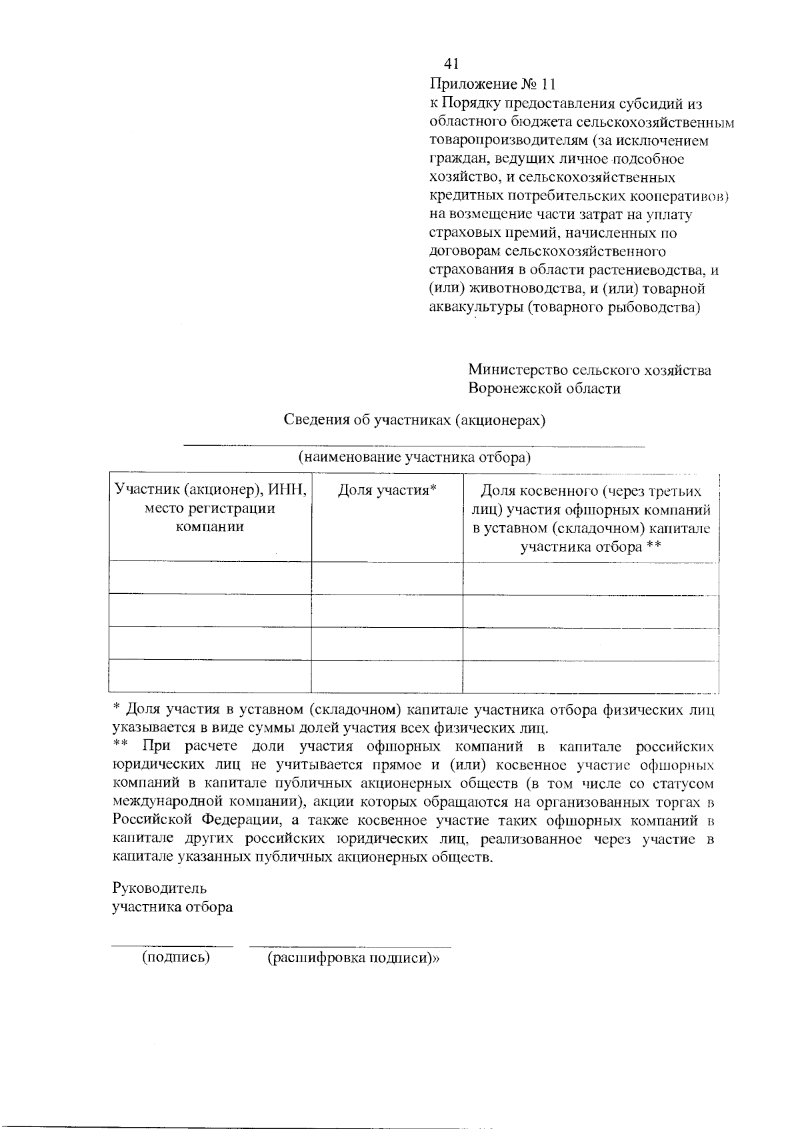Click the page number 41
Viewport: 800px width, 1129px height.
(451, 64)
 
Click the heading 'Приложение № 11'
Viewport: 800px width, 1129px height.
(492, 84)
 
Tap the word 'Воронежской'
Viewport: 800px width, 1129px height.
(511, 388)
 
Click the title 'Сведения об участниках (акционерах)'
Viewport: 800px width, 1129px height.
(415, 420)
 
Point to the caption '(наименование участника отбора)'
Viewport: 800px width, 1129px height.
(414, 457)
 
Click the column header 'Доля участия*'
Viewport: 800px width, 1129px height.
(387, 490)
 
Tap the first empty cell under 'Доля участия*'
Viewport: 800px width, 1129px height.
(387, 579)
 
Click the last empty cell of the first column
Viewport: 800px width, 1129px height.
(210, 677)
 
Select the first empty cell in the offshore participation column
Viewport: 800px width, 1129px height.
(591, 579)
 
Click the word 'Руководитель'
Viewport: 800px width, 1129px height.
(159, 889)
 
